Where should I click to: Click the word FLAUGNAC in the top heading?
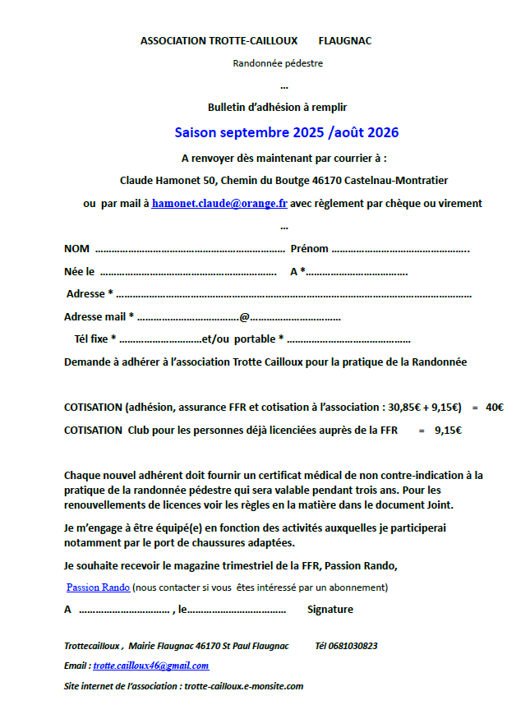[x=345, y=41]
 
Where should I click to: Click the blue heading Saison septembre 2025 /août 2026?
[x=287, y=131]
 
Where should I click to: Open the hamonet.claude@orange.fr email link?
[x=219, y=204]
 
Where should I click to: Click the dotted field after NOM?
[x=190, y=249]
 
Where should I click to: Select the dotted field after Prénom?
[x=400, y=249]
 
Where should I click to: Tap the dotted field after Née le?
[x=188, y=272]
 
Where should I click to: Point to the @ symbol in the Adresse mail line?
[x=244, y=317]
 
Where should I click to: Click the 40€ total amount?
[x=495, y=407]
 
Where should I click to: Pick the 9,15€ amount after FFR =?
[x=448, y=430]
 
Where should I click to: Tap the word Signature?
[x=330, y=610]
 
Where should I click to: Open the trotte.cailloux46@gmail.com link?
[x=151, y=666]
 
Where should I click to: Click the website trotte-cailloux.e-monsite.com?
[x=244, y=686]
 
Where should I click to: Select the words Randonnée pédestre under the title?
[x=278, y=63]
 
